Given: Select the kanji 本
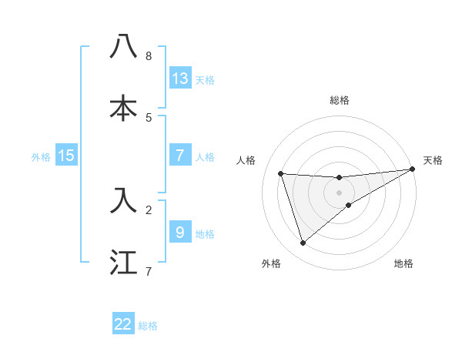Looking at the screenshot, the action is [x=124, y=109].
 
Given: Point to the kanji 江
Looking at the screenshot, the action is [x=124, y=262].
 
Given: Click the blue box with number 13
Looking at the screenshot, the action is [x=180, y=78].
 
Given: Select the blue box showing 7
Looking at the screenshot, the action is [x=180, y=155].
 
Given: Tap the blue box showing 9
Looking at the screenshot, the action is [x=180, y=231].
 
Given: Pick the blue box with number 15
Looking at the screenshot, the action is [x=66, y=156].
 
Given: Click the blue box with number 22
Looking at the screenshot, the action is [x=123, y=324].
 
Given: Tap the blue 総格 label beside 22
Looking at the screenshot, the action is [x=149, y=326].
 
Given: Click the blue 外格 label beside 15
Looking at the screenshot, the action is [x=41, y=156].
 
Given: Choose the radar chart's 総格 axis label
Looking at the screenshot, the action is [x=340, y=100].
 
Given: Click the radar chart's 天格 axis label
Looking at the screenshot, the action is [x=433, y=160].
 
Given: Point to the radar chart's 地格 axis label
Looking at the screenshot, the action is [x=403, y=263].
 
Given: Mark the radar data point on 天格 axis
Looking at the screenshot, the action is [x=413, y=169].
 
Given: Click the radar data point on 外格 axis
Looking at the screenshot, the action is [x=303, y=243].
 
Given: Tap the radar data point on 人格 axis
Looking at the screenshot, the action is [x=281, y=173].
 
